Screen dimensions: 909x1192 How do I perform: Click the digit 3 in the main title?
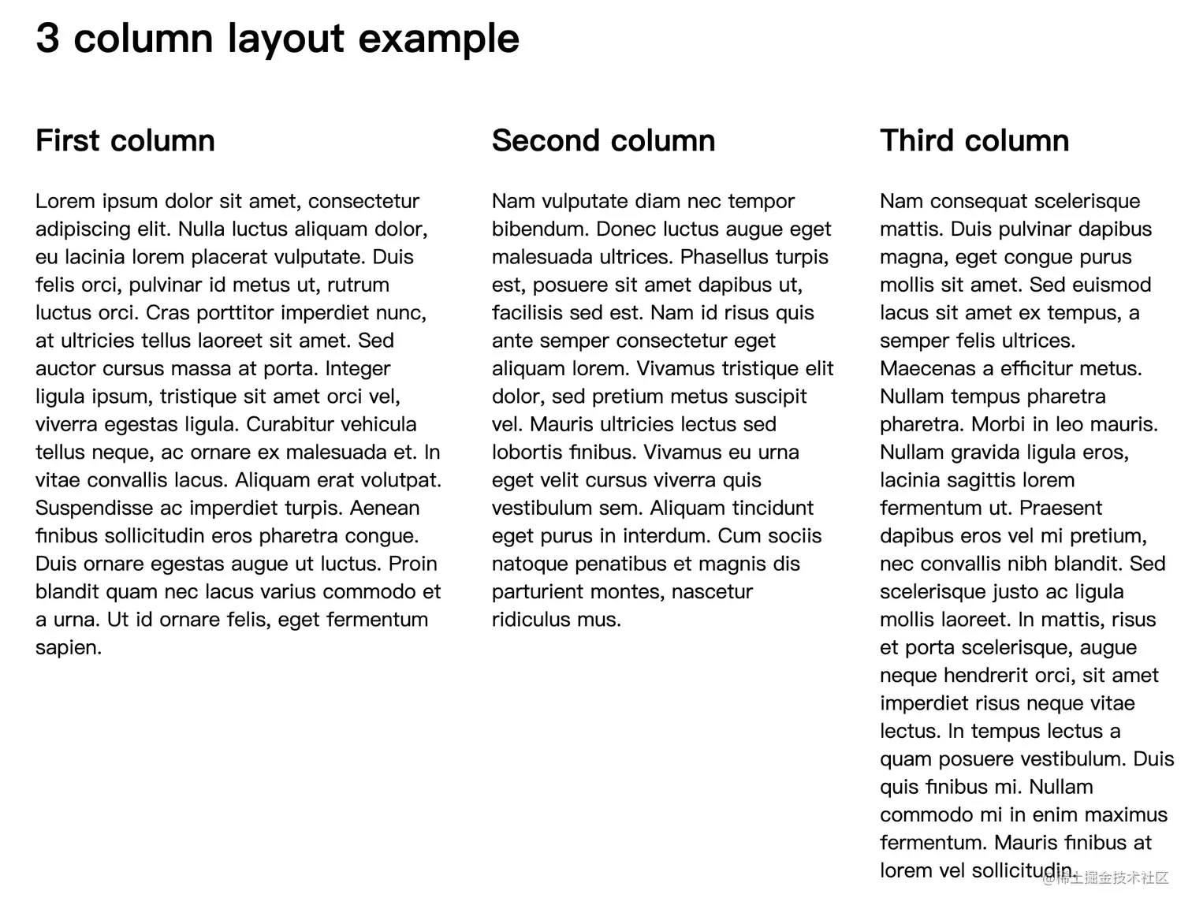click(47, 38)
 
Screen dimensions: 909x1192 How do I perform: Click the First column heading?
click(125, 140)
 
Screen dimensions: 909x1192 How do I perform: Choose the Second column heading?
click(603, 140)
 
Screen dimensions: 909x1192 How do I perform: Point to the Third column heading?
click(974, 140)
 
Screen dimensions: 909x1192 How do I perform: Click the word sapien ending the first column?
click(68, 648)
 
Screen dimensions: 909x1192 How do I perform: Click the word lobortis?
click(525, 453)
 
